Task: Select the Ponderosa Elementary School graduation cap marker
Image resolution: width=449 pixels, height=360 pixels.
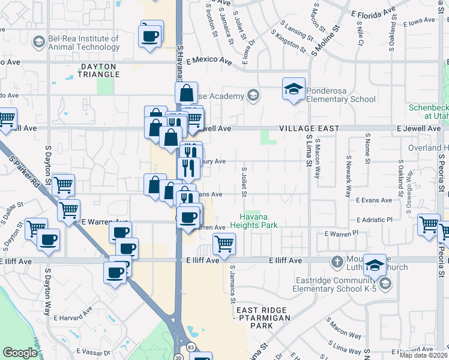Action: point(294,89)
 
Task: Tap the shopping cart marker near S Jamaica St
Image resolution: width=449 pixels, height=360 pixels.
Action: point(224,244)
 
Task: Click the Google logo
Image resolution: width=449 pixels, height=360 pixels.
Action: point(20,353)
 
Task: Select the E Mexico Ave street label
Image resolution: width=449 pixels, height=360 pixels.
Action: point(209,61)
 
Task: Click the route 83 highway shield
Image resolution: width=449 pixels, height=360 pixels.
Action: point(190,347)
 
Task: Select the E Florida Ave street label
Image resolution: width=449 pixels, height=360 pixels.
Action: point(373,12)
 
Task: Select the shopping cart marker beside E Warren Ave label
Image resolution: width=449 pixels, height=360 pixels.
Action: point(69,210)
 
